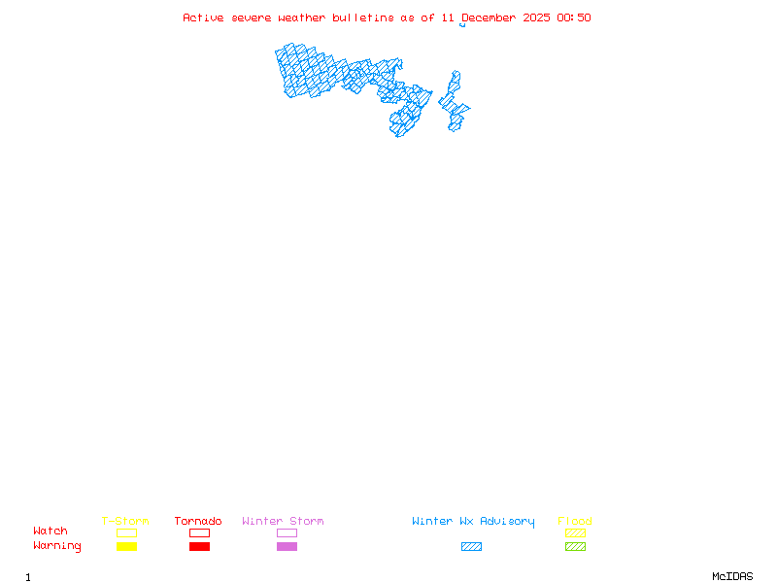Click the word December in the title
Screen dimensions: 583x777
[490, 17]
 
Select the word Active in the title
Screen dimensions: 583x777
[204, 17]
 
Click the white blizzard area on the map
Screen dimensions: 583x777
[456, 64]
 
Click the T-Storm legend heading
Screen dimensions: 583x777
[125, 522]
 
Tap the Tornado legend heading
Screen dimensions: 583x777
[198, 522]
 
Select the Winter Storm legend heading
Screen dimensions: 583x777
[283, 522]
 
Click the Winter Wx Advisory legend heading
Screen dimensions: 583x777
[473, 522]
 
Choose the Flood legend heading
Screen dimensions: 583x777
[575, 522]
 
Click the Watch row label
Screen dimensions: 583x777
[51, 532]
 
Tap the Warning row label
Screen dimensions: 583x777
[57, 546]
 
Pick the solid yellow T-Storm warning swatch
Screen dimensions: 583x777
[126, 547]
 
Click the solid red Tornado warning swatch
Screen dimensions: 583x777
[199, 547]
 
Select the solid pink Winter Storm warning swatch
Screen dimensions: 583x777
[287, 547]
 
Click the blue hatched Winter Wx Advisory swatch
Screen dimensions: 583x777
[471, 547]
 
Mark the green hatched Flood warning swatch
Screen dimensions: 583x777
[575, 547]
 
